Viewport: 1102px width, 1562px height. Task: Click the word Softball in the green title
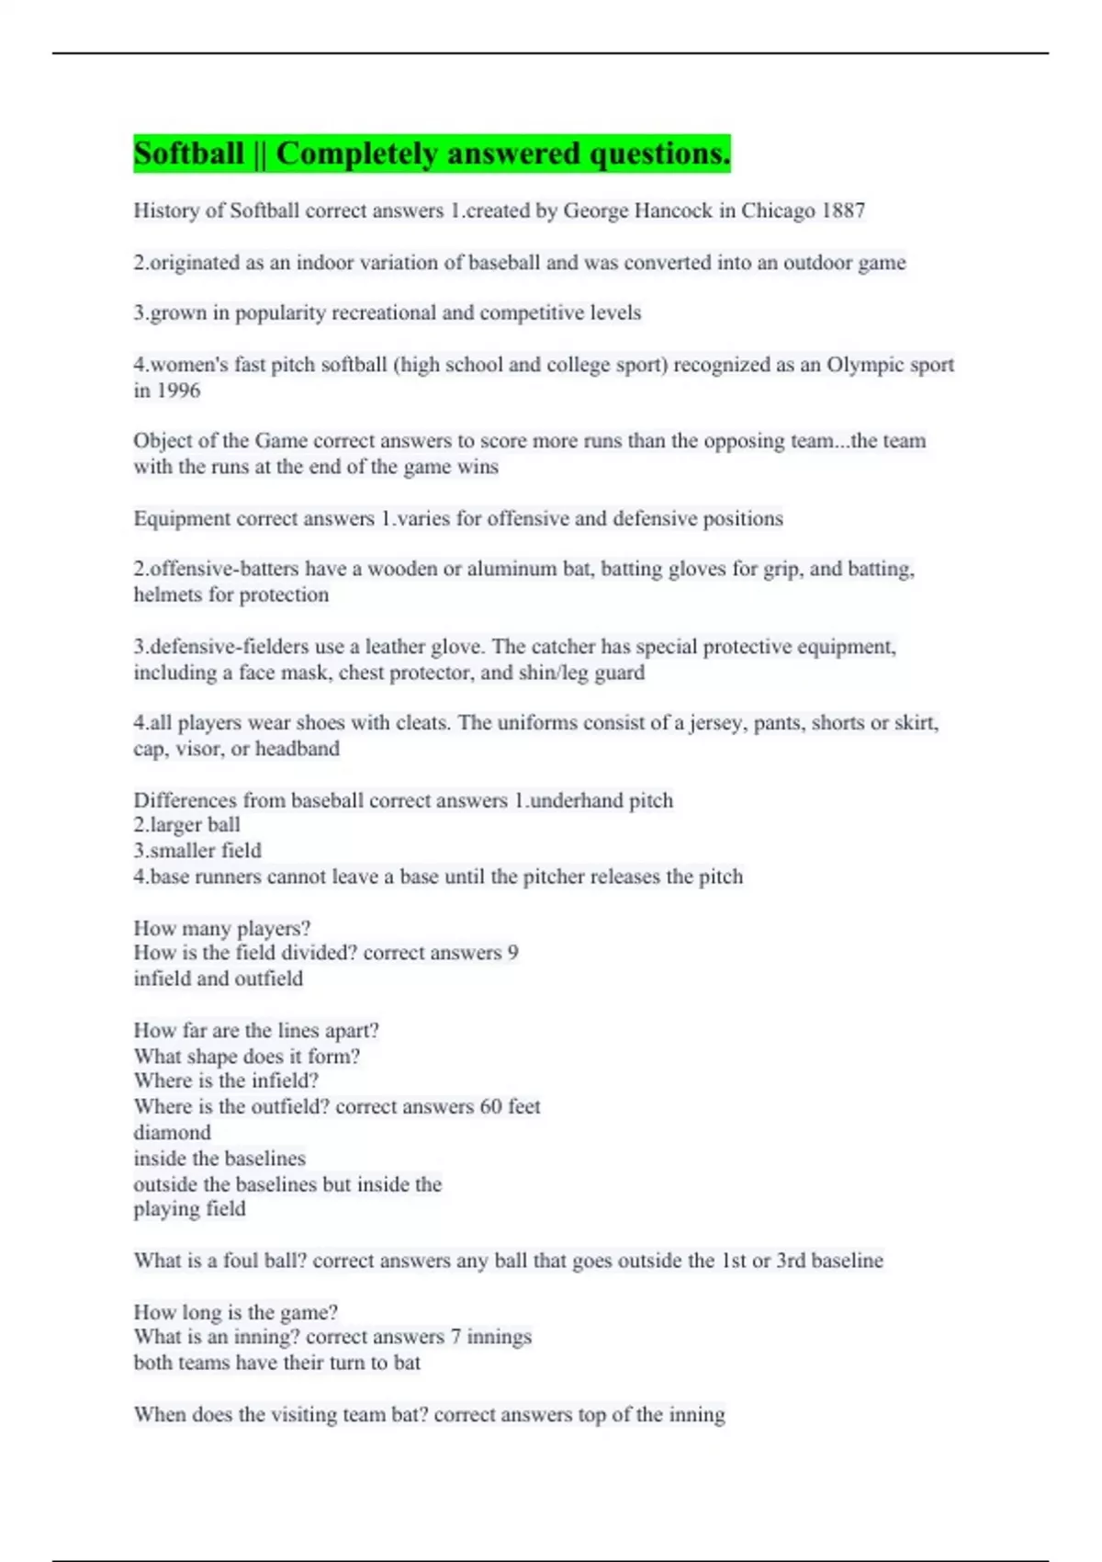click(x=189, y=153)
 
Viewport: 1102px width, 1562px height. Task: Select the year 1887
click(x=843, y=211)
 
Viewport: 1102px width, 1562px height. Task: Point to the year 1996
click(x=178, y=390)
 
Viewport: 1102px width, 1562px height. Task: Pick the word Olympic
click(x=865, y=365)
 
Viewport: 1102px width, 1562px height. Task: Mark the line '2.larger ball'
click(x=186, y=825)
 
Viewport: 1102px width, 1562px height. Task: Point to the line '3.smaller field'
click(x=197, y=851)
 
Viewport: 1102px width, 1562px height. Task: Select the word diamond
click(x=172, y=1133)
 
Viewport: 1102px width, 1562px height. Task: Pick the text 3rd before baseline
click(x=791, y=1261)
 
